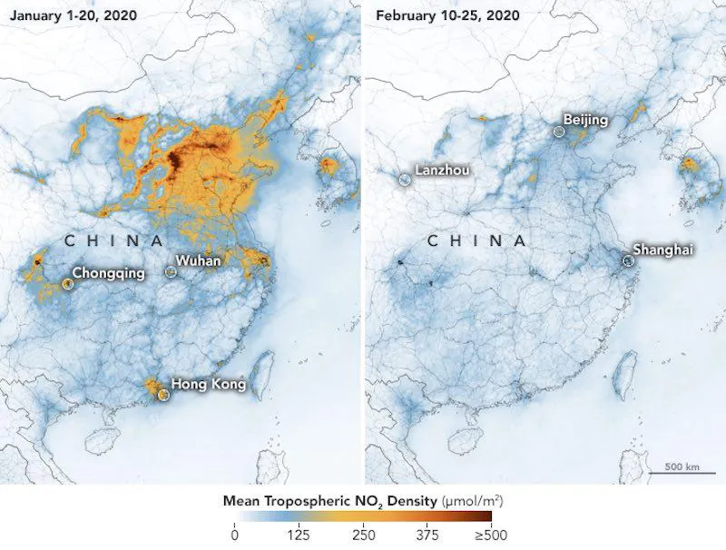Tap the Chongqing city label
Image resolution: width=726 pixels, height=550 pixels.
[108, 271]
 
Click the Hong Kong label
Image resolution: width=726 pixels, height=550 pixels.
[209, 384]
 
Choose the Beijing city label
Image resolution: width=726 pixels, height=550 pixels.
[585, 119]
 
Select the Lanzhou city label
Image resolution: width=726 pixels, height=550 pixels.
[443, 169]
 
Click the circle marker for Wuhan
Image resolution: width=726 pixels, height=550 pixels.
[170, 270]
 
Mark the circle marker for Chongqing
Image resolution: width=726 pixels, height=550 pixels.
[67, 284]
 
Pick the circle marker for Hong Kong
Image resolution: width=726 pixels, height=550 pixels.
[163, 395]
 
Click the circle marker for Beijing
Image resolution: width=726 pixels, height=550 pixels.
[559, 132]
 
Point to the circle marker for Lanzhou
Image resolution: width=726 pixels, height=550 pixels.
[404, 180]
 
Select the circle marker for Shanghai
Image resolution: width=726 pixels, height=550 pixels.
[627, 260]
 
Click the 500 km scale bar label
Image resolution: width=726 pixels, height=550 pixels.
[681, 467]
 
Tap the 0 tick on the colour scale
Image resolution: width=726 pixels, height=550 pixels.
[235, 533]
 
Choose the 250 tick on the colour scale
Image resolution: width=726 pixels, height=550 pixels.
[363, 533]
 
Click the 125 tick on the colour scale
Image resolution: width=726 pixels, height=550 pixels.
[299, 533]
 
